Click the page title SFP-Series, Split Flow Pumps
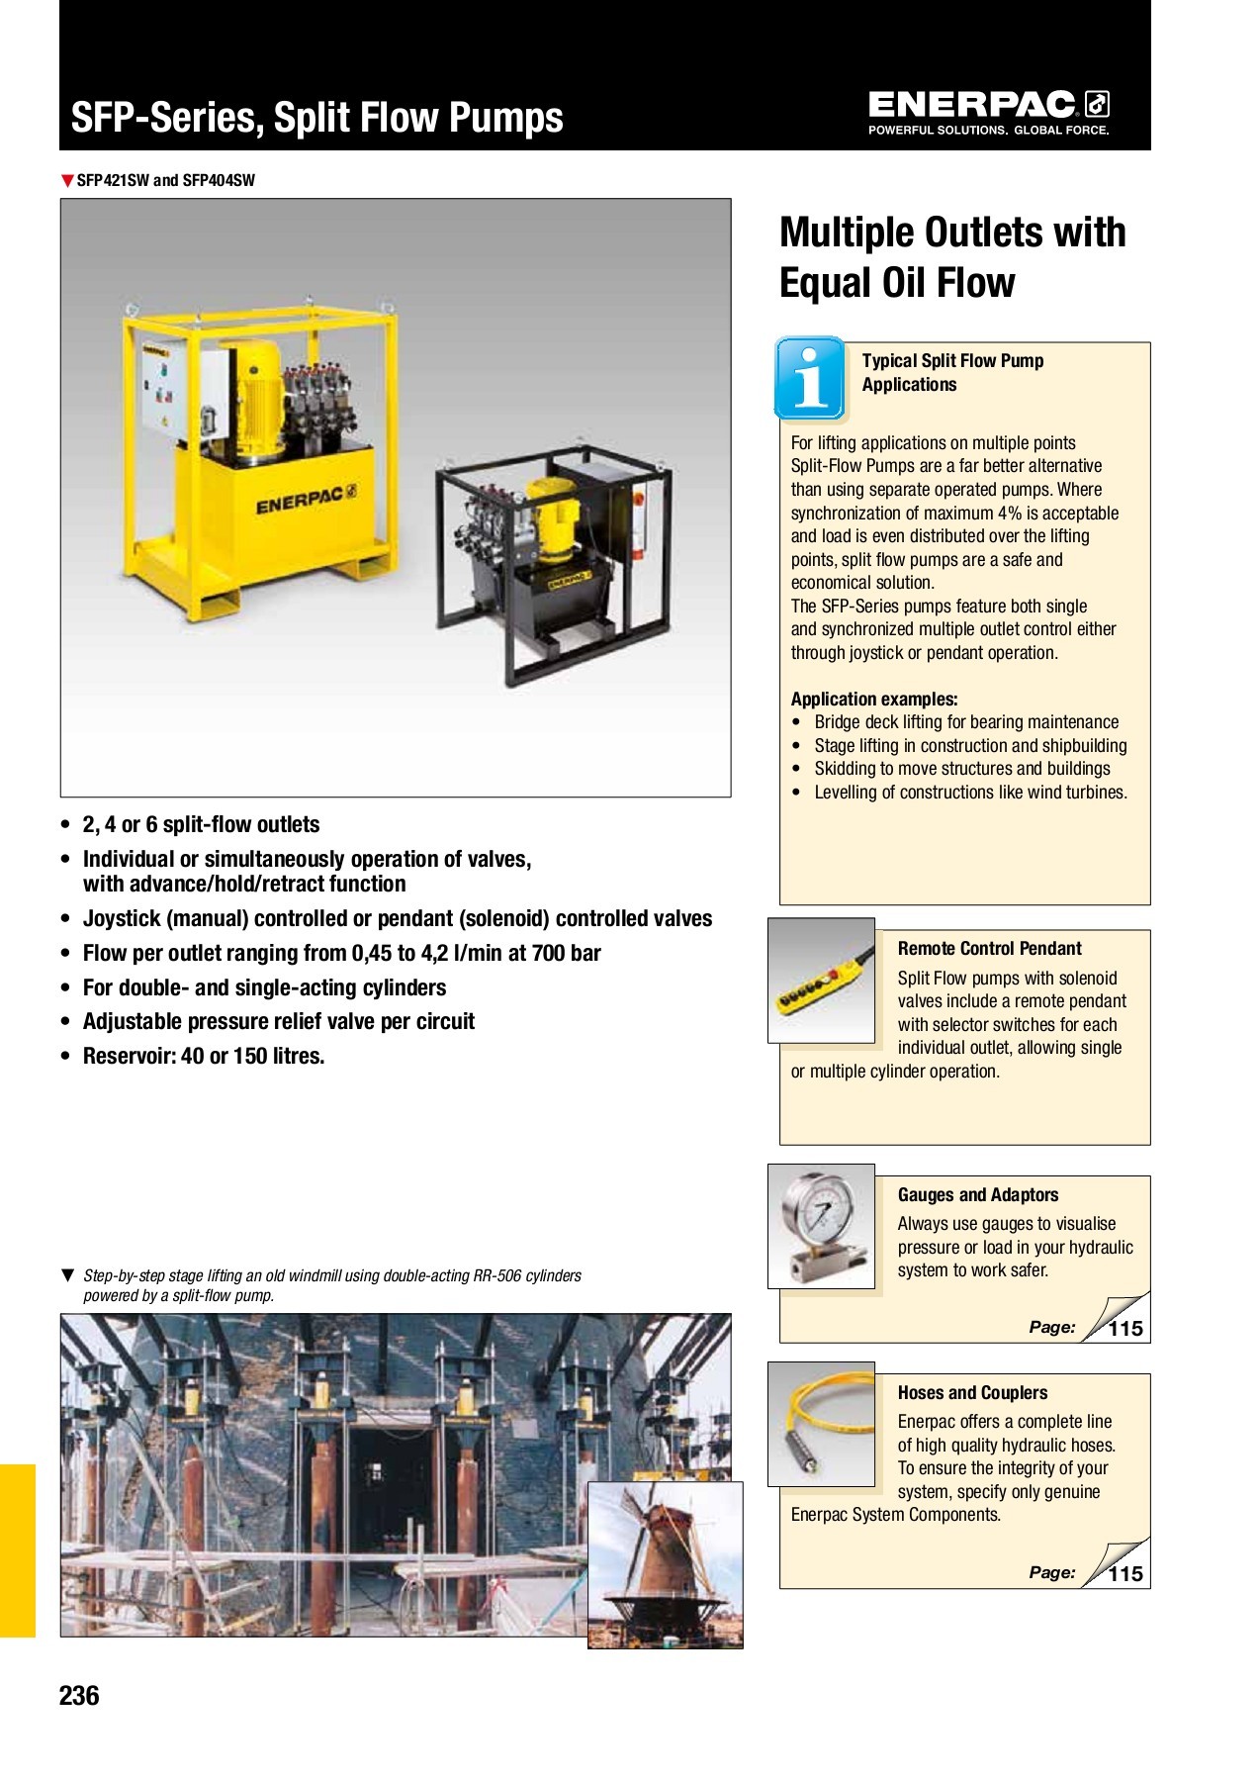click(x=316, y=118)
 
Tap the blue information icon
click(x=810, y=379)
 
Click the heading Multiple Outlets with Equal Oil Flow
click(x=951, y=256)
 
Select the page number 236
click(x=79, y=1696)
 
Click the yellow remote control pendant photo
click(x=821, y=981)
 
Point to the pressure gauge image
click(x=820, y=1226)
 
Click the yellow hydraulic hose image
click(x=821, y=1425)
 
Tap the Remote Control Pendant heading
click(x=989, y=948)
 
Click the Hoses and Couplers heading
click(x=972, y=1392)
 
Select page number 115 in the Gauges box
click(x=1124, y=1329)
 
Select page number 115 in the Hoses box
click(x=1124, y=1574)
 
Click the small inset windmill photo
click(x=665, y=1564)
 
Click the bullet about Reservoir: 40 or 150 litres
click(x=203, y=1056)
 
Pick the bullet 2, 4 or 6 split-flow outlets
click(x=201, y=824)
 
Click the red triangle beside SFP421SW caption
click(x=67, y=180)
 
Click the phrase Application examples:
click(x=873, y=699)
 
